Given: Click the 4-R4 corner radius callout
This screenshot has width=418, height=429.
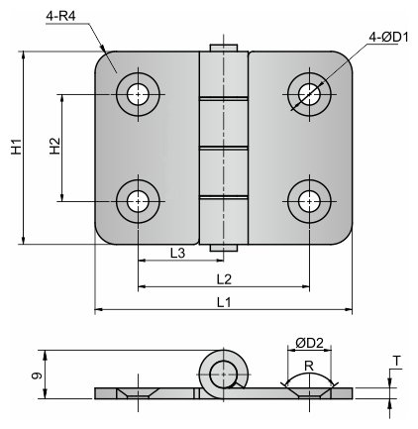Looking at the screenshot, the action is tap(60, 16).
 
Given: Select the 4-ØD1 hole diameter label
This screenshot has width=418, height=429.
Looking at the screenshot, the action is tap(388, 38).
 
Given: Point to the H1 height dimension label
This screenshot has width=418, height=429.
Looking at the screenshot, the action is tap(16, 147).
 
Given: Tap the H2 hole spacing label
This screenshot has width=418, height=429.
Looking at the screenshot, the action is tap(55, 146).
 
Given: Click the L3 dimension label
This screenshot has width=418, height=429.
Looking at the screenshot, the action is tap(177, 253).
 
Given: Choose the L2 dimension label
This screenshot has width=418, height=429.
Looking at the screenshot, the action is tap(224, 279).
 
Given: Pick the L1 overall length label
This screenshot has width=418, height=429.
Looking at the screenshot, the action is tap(224, 302).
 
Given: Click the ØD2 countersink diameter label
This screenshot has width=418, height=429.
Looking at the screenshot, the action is tap(309, 343).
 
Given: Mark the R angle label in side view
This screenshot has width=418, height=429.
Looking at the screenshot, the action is tap(309, 366).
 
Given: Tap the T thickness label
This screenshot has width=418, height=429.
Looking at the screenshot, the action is tap(397, 362).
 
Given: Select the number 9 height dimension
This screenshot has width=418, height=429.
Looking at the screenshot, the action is tap(37, 375).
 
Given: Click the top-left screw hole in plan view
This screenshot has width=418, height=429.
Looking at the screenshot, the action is tap(138, 94).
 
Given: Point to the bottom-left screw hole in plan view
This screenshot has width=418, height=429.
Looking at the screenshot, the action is tap(138, 201).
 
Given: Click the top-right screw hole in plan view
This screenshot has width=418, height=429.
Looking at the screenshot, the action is tap(309, 94).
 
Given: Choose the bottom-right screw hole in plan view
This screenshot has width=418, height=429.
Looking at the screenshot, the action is tap(309, 201).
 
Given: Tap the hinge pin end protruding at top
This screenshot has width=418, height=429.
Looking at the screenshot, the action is tap(224, 48).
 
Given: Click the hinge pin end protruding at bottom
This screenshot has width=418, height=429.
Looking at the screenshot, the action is tap(224, 248).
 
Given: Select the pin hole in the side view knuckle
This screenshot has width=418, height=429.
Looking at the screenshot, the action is tap(224, 375).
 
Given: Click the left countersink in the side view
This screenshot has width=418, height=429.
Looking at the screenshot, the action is tap(138, 393).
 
